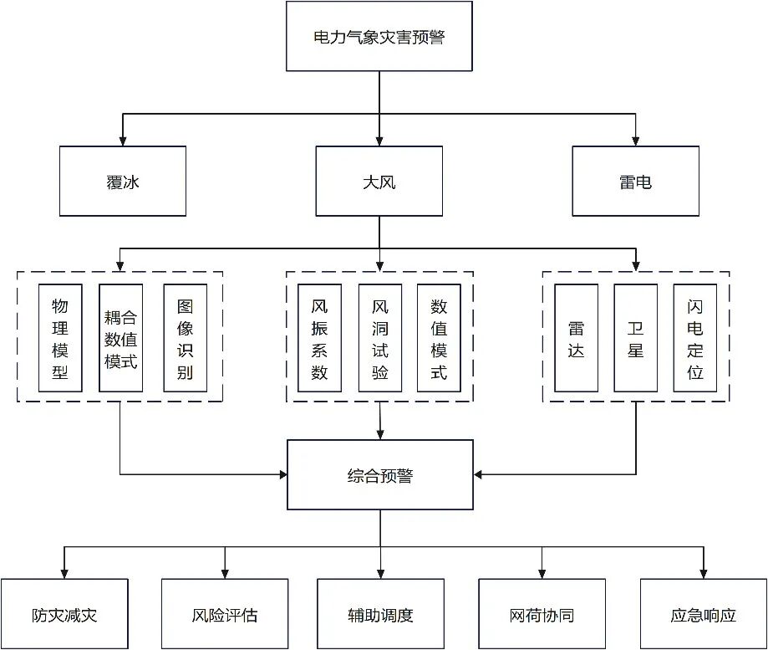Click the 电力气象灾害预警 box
[x=379, y=36]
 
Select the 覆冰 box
[x=123, y=181]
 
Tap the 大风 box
[x=379, y=181]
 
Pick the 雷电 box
[x=636, y=181]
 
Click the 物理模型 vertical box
[x=60, y=338]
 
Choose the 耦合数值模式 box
[x=121, y=338]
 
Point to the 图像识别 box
[x=185, y=338]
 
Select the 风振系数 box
[x=319, y=338]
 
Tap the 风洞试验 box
[x=380, y=338]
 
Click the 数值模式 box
[x=439, y=338]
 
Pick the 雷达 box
[x=576, y=338]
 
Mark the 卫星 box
[x=636, y=338]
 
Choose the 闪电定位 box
[x=695, y=338]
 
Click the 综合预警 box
[x=380, y=475]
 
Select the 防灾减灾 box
[x=65, y=614]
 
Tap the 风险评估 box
[x=224, y=614]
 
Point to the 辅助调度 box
[x=380, y=614]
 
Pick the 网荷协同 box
[x=542, y=614]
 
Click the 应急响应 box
[x=703, y=614]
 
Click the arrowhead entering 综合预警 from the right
[x=480, y=475]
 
